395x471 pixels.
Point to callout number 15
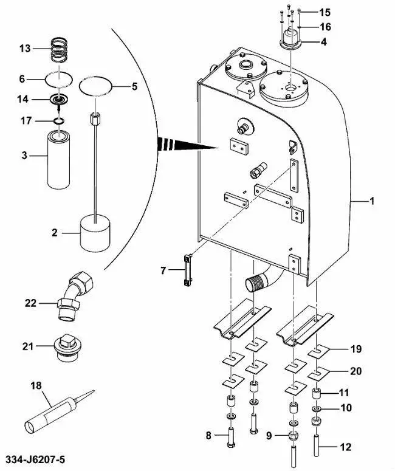pos(325,12)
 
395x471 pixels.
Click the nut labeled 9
pos(294,435)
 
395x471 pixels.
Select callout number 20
pos(356,370)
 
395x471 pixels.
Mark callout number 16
pos(325,27)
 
